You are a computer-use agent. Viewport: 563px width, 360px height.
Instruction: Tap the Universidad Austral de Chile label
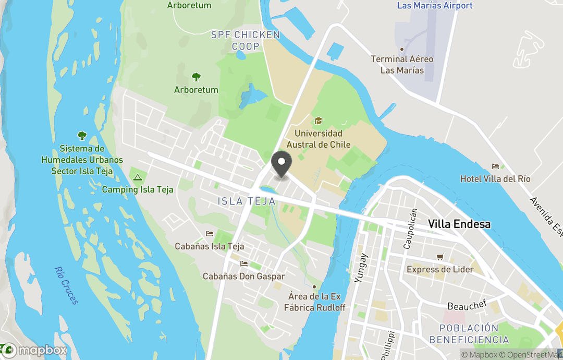(319, 139)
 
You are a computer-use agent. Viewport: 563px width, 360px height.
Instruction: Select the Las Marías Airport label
(434, 6)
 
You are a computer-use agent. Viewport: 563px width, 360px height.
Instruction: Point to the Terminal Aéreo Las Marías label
(402, 65)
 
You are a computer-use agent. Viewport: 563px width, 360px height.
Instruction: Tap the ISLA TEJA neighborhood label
(246, 201)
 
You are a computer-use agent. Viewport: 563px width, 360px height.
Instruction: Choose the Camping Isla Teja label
(138, 189)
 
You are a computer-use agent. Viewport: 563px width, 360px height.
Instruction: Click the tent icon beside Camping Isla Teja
(138, 177)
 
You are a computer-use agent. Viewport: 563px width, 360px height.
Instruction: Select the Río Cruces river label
(66, 285)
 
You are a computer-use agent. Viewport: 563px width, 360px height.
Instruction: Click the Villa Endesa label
(459, 224)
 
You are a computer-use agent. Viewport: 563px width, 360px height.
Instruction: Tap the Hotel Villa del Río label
(495, 179)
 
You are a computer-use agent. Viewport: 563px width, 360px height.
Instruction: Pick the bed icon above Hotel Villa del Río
(495, 166)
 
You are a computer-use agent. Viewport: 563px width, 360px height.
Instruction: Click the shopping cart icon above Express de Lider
(440, 257)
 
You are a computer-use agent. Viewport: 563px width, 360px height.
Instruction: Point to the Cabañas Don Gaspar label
(243, 277)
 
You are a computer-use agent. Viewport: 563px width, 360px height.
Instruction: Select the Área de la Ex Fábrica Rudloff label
(314, 302)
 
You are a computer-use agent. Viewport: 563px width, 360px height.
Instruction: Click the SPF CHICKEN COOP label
(246, 41)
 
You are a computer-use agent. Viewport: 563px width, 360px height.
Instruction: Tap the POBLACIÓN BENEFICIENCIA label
(469, 334)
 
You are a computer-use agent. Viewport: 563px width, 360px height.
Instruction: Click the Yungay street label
(361, 268)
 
